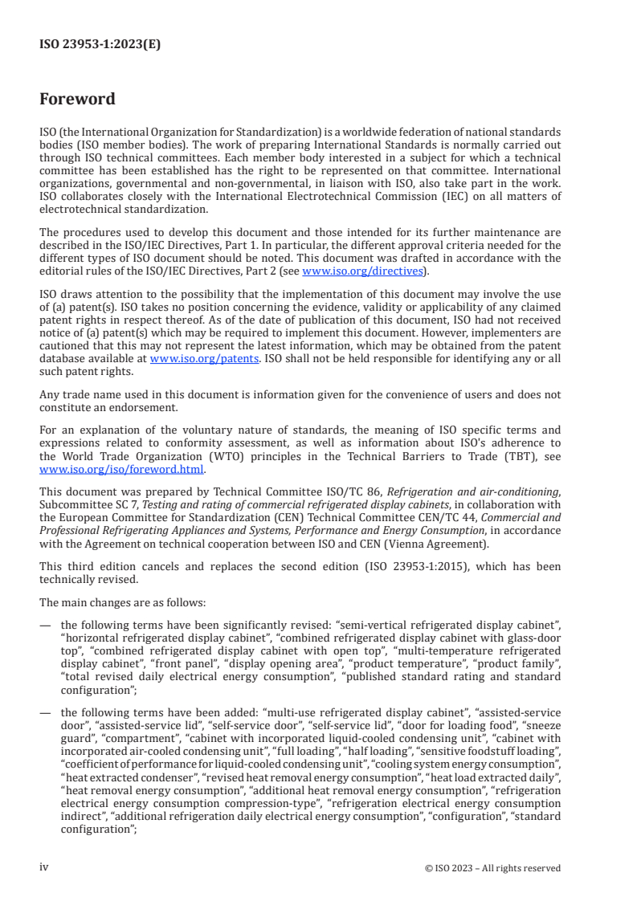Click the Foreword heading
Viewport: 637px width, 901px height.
tap(77, 100)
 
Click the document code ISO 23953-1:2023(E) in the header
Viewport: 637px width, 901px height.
tap(100, 45)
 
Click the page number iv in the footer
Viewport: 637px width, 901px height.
tap(45, 867)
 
